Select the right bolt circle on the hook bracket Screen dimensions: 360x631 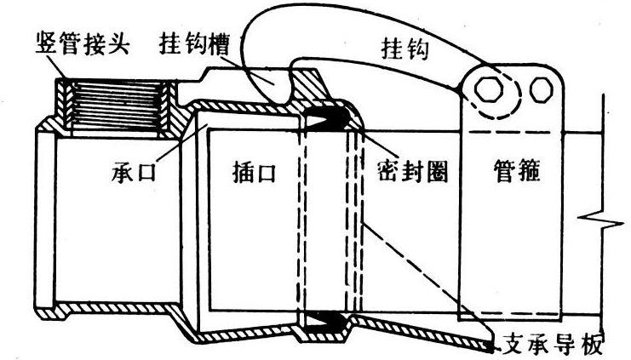(x=538, y=89)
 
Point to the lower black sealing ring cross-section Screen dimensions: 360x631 (x=324, y=323)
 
